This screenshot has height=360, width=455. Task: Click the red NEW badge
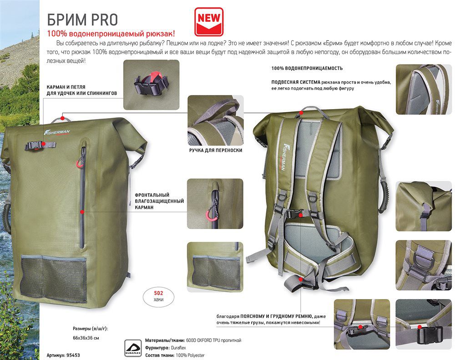pyautogui.click(x=209, y=22)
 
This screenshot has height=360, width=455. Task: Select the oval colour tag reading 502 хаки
pyautogui.click(x=158, y=296)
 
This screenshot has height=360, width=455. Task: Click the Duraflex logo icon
pyautogui.click(x=133, y=348)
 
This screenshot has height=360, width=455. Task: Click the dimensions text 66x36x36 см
pyautogui.click(x=86, y=338)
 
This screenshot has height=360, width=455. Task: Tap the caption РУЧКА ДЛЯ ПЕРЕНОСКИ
pyautogui.click(x=216, y=150)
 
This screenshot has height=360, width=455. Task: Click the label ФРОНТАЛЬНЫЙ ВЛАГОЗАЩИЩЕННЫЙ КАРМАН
pyautogui.click(x=159, y=201)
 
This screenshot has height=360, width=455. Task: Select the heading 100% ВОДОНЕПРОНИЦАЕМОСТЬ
pyautogui.click(x=307, y=68)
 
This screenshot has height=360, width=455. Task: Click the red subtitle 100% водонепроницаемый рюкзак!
pyautogui.click(x=111, y=34)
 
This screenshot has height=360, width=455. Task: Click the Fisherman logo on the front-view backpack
pyautogui.click(x=57, y=132)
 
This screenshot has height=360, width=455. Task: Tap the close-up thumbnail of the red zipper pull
pyautogui.click(x=215, y=204)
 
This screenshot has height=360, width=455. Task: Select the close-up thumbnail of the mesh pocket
pyautogui.click(x=215, y=267)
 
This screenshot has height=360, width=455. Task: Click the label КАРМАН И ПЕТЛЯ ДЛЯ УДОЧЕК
pyautogui.click(x=82, y=90)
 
